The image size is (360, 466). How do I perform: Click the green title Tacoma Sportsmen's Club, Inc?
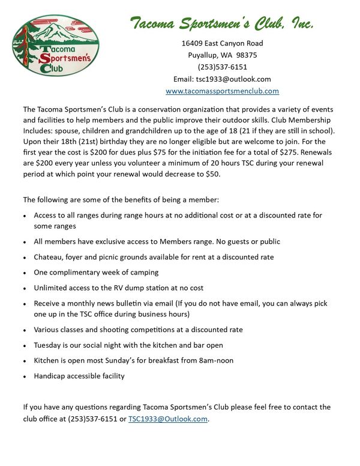222,23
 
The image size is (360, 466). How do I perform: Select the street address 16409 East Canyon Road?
222,43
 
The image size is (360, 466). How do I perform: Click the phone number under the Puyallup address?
222,67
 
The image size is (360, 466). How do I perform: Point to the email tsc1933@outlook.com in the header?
233,79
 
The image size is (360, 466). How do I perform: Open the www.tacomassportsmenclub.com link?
222,91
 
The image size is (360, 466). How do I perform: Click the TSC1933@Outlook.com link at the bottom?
168,419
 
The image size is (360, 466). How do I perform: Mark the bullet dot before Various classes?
25,330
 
